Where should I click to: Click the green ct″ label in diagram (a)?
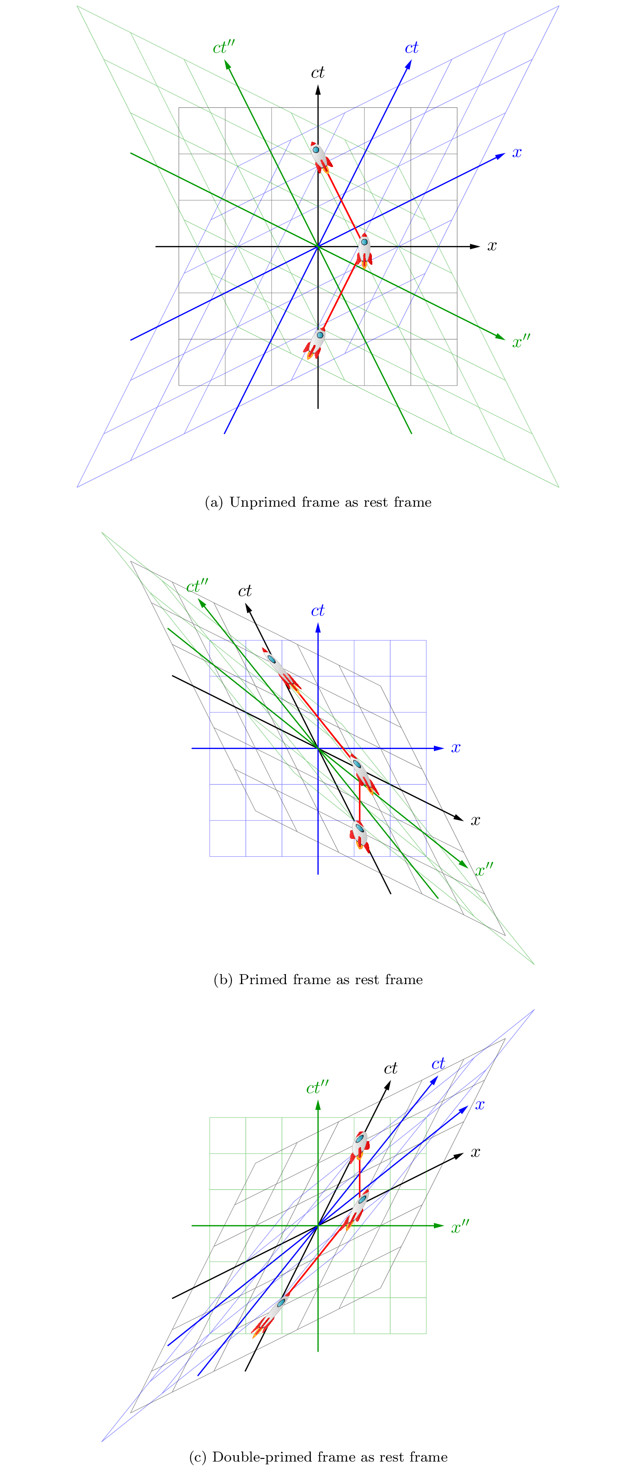pos(223,48)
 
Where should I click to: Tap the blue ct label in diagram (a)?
pos(411,48)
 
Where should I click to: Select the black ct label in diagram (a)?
pos(317,72)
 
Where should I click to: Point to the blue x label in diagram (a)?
pos(516,153)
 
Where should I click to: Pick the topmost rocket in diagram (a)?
pos(320,157)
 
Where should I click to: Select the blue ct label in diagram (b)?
pos(317,611)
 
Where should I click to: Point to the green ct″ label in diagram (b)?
pos(197,586)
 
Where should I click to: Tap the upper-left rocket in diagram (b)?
pos(282,670)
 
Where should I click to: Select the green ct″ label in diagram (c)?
pos(317,1087)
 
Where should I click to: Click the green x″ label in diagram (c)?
pos(460,1227)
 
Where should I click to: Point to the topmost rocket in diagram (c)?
pos(360,1145)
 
